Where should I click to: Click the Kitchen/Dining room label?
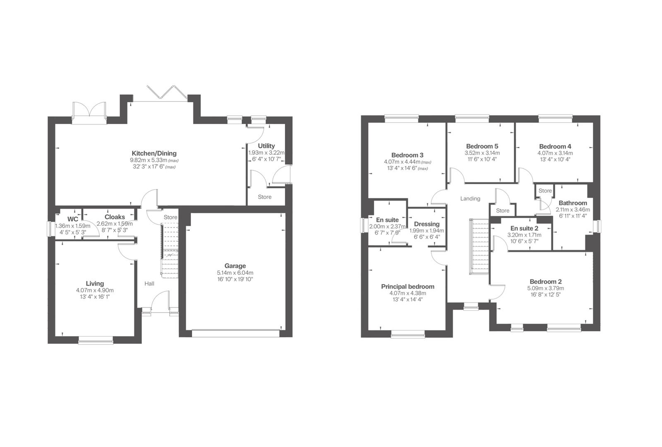point(154,153)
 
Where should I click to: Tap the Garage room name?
point(235,266)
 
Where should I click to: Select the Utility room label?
point(266,146)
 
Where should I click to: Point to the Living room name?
point(95,284)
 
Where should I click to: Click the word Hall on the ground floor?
point(149,284)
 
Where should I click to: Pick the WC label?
point(73,219)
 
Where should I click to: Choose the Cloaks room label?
point(115,217)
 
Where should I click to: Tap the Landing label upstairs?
point(470,199)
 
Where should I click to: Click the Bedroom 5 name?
point(482,146)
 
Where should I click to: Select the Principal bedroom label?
point(407,286)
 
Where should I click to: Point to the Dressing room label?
point(426,224)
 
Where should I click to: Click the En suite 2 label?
point(524,228)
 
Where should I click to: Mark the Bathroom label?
point(573,203)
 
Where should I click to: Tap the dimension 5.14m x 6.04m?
point(235,273)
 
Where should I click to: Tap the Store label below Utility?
point(265,197)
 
